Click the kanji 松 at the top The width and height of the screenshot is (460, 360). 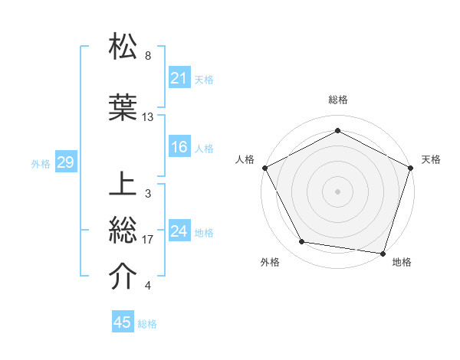coord(123,47)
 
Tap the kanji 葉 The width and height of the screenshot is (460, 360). coord(123,108)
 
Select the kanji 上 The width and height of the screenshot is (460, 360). coord(123,186)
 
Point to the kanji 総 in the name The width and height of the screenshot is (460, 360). coord(123,231)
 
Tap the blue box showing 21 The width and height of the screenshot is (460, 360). coord(179,78)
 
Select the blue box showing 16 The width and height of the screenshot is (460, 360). coord(179,147)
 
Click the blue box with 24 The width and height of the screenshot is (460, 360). coord(179,231)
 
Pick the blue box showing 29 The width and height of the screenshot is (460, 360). coord(64,162)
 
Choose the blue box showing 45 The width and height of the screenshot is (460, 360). coord(123,322)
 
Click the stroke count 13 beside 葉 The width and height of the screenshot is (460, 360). coord(148,117)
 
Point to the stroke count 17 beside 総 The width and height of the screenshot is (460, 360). coord(148,240)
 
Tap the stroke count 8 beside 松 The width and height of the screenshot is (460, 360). coord(148,56)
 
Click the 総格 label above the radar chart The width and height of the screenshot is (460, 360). coord(337,100)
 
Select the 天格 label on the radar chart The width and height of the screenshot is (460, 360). coord(431,159)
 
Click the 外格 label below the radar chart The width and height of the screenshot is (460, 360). coord(270,262)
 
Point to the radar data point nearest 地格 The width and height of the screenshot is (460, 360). coord(383,253)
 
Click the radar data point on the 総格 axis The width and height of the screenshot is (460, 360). coord(337,130)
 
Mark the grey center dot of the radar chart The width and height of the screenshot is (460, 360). coord(337,191)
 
